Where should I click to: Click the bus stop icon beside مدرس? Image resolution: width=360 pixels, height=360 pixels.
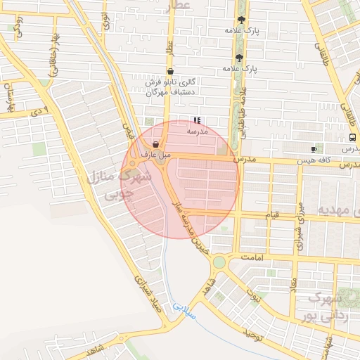[352, 138]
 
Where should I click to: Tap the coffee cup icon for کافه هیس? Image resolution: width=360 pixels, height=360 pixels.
[314, 149]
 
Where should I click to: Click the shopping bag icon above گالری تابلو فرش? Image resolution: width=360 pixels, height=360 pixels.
[171, 71]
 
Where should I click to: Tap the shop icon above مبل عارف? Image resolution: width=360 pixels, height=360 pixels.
[155, 143]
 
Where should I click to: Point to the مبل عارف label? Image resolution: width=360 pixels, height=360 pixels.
[153, 153]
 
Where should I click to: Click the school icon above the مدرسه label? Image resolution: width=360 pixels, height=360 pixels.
[197, 120]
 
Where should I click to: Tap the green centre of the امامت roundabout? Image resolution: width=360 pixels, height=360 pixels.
[219, 262]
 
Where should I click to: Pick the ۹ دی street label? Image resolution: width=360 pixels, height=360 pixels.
[42, 110]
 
